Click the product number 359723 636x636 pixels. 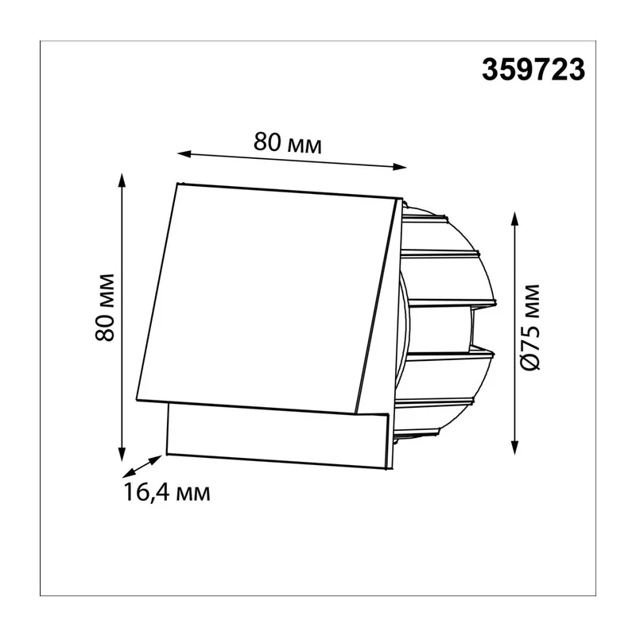(533, 70)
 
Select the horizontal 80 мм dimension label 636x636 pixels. (288, 142)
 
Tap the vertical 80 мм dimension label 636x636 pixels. (105, 307)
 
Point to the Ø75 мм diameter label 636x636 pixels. (529, 328)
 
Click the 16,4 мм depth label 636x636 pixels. (167, 492)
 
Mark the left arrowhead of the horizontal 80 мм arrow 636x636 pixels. (184, 153)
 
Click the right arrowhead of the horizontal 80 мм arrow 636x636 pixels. (400, 166)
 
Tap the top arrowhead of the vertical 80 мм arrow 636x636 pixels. (121, 180)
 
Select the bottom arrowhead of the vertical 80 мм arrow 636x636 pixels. (122, 454)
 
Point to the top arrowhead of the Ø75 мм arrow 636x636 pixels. (514, 219)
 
